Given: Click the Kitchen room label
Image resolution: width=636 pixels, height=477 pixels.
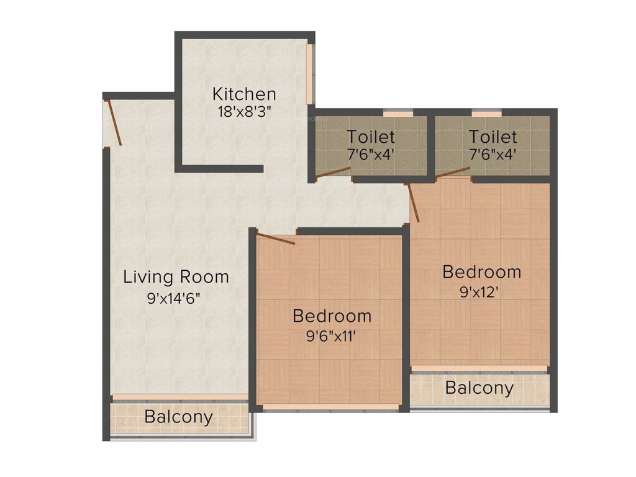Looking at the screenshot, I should (x=244, y=94).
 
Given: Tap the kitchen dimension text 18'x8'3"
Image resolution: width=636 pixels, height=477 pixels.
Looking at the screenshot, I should (x=244, y=112).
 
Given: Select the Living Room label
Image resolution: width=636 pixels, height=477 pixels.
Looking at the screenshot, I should (x=176, y=276).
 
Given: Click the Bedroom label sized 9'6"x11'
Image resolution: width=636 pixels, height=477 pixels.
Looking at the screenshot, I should (x=332, y=316).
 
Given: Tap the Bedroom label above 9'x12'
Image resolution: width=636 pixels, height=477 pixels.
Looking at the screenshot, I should (x=481, y=271).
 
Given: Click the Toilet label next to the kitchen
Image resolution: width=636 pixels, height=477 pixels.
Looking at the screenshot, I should (x=371, y=136).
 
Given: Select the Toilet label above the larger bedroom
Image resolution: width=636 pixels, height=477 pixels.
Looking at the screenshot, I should (x=493, y=136).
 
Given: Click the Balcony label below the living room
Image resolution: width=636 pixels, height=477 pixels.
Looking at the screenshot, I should (x=179, y=417).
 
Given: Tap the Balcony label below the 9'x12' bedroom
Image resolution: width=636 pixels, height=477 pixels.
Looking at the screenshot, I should (x=479, y=388).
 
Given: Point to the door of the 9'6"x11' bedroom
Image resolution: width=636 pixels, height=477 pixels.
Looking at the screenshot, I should (x=276, y=238).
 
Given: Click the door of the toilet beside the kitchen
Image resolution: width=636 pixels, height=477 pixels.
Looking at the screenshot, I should (x=333, y=173).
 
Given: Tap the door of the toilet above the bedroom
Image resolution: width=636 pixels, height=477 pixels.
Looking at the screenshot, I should (x=452, y=172).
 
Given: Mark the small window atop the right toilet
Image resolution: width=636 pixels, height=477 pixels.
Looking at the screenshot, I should (x=486, y=114).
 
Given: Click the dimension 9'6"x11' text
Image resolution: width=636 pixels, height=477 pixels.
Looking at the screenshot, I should (x=332, y=337).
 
